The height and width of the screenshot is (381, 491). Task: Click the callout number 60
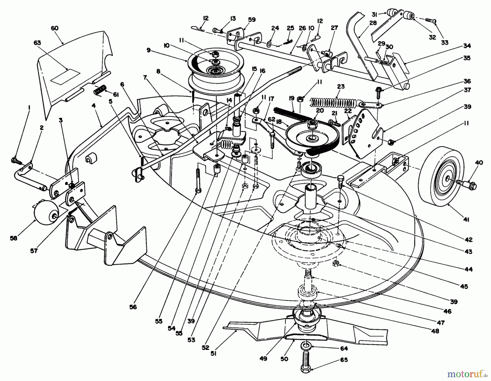(55, 28)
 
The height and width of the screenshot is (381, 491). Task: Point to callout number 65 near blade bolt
(344, 360)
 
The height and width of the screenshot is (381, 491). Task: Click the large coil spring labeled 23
(334, 103)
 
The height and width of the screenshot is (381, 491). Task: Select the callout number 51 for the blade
(214, 354)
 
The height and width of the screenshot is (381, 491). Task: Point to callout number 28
(373, 23)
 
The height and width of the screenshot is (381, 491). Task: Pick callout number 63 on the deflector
(37, 43)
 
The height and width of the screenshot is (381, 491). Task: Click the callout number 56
(133, 307)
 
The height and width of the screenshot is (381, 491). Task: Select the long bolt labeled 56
(197, 180)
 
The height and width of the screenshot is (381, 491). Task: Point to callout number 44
(468, 269)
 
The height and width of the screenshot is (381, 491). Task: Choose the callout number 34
(467, 46)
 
